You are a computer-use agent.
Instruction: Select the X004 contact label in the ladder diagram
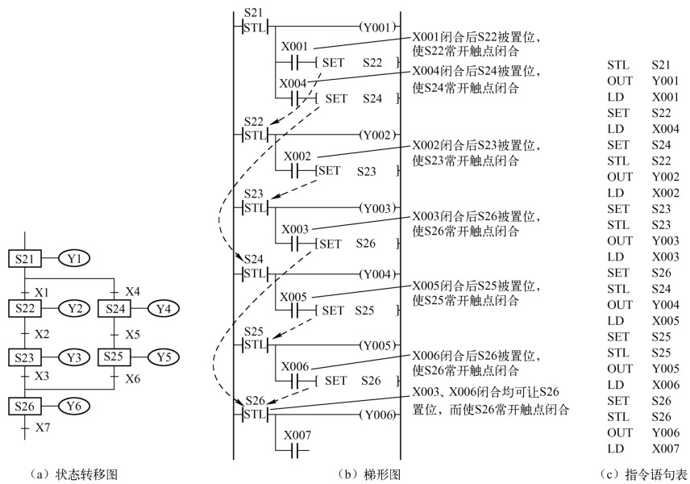pyautogui.click(x=293, y=83)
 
